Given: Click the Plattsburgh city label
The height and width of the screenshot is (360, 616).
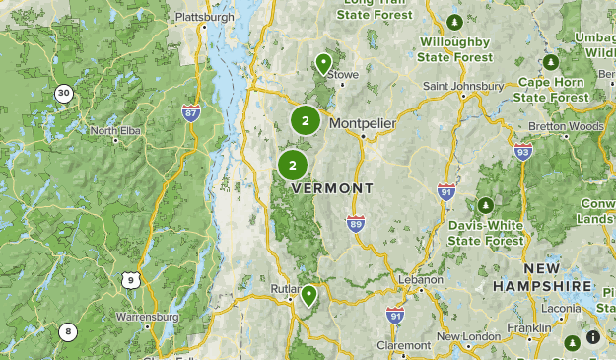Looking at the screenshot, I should pos(207,17).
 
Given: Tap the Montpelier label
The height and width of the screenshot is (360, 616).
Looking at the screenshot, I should pos(363,123).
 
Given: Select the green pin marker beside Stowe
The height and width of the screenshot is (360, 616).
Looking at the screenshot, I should pos(323,64).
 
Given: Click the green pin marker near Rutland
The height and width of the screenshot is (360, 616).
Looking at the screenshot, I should pos(309,294).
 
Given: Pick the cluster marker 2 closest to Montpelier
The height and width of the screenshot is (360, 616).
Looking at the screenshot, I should pos(306,121).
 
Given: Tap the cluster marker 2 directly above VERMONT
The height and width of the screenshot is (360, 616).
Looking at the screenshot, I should pos(292,165).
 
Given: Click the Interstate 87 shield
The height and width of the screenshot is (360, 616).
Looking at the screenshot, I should pos(191,112).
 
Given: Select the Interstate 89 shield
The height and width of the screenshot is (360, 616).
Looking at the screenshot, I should pos(355,224).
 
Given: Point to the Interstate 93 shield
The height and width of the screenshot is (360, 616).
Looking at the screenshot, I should pos(522,151).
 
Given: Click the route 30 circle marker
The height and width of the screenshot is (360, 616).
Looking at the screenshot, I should pos(64,94).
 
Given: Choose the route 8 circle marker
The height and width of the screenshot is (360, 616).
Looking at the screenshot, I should pos(67,332).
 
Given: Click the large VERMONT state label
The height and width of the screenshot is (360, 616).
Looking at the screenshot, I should pos(332,188).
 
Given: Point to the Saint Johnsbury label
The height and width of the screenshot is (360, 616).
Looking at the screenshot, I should pos(463,86).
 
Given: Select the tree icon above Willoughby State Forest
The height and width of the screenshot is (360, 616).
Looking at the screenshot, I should pos(453,23).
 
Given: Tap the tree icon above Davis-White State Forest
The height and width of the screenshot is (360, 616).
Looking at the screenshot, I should pos(485,205).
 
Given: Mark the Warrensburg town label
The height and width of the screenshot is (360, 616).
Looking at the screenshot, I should pos(147,318).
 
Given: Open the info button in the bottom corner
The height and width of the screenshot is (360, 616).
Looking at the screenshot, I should pos(592,337).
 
